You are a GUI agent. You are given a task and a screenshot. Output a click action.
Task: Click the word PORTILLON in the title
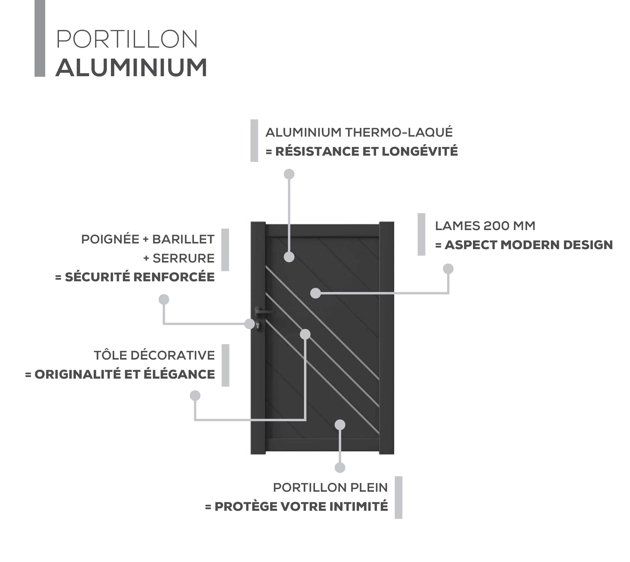pos(126,39)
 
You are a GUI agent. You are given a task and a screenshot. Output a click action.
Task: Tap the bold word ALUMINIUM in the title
pos(131,68)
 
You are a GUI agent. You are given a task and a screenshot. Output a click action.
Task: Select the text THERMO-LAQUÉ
pos(399,132)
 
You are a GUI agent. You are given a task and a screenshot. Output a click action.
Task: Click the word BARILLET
pos(183,239)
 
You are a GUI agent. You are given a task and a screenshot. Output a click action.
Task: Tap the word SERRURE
pos(184,258)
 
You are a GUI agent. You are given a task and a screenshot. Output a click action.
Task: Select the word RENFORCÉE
pos(174,277)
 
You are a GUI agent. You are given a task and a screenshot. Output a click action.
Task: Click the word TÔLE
pos(110,355)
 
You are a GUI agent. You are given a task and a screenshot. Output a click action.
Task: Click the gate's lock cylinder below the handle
pos(258,324)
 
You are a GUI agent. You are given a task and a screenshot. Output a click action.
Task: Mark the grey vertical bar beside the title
pos(40,38)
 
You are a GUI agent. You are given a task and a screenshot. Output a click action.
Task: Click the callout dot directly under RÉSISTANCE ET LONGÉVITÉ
pos(289,174)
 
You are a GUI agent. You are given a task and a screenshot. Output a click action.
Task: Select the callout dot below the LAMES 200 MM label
pos(448,269)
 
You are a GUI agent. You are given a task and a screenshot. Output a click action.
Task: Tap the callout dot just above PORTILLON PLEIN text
pos(340,468)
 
